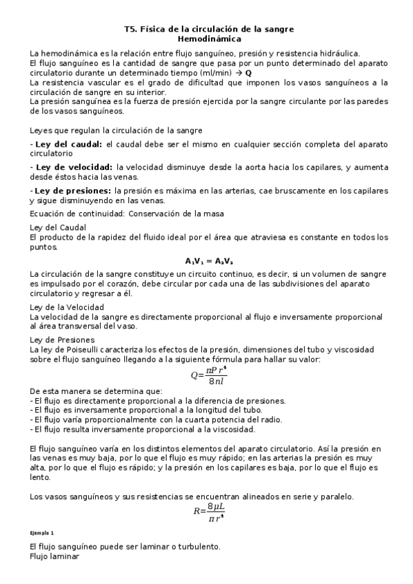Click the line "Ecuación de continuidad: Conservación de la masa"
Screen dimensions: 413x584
pos(126,213)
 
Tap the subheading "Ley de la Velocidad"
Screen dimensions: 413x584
pos(67,306)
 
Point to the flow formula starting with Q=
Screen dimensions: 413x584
pos(209,375)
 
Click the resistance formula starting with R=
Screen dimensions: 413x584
pos(210,510)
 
